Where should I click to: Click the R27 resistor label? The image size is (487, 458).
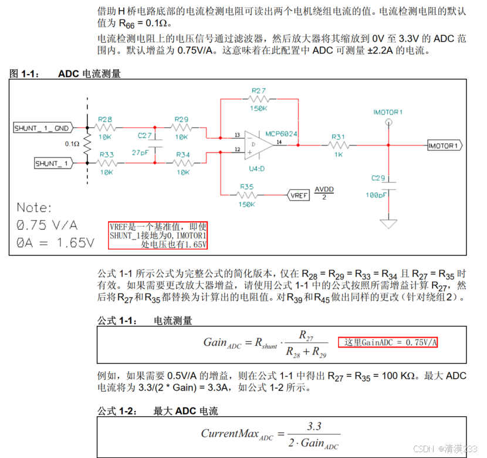pyautogui.click(x=258, y=90)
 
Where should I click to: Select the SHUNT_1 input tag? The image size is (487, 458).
pyautogui.click(x=53, y=163)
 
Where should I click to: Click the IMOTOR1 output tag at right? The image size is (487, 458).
pyautogui.click(x=445, y=145)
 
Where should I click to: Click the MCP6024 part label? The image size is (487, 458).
pyautogui.click(x=281, y=134)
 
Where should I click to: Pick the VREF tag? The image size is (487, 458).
pyautogui.click(x=298, y=195)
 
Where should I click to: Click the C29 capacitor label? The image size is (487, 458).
pyautogui.click(x=378, y=177)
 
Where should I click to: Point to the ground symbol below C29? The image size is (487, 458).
pyautogui.click(x=388, y=224)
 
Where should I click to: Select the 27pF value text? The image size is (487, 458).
pyautogui.click(x=140, y=152)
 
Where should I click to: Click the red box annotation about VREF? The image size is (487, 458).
pyautogui.click(x=158, y=235)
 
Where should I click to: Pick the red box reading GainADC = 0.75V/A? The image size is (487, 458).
pyautogui.click(x=388, y=342)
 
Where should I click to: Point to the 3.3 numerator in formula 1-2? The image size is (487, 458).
pyautogui.click(x=314, y=426)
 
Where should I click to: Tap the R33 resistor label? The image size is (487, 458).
pyautogui.click(x=106, y=154)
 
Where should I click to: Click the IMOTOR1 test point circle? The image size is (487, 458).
pyautogui.click(x=388, y=123)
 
